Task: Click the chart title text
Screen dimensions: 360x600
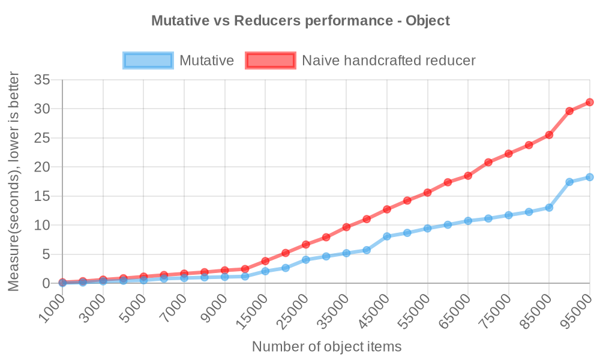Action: coord(300,20)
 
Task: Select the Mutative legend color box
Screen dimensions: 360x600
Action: coord(148,61)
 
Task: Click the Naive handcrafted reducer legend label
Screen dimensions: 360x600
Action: coord(388,61)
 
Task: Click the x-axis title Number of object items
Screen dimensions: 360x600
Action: coord(326,346)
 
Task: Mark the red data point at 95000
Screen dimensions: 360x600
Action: coord(590,102)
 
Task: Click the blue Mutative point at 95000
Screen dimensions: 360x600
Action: coord(590,177)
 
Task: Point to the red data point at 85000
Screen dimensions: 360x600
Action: coord(549,135)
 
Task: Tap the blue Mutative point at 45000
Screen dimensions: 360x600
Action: coord(387,236)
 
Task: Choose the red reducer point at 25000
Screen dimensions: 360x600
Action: coord(306,244)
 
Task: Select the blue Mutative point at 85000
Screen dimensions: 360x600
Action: coord(549,208)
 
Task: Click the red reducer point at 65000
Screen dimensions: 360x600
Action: coord(468,176)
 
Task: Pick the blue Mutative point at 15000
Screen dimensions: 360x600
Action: coord(265,271)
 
